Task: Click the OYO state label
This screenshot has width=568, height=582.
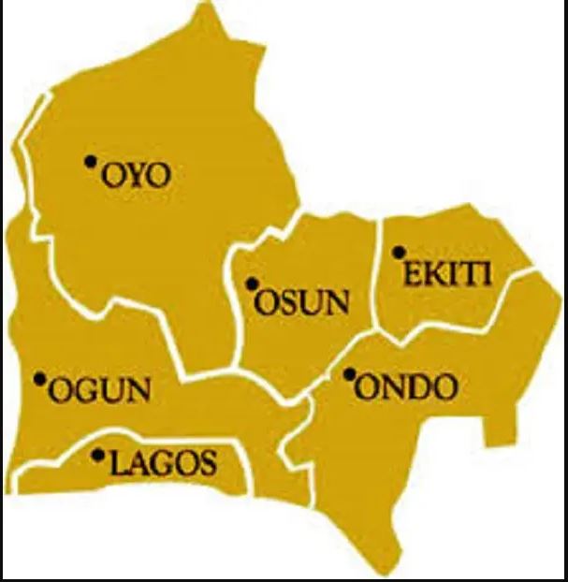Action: pyautogui.click(x=136, y=175)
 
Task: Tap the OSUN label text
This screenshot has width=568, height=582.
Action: pyautogui.click(x=303, y=302)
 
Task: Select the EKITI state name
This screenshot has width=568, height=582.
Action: pyautogui.click(x=447, y=273)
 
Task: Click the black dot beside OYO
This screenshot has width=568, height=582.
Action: pyautogui.click(x=90, y=161)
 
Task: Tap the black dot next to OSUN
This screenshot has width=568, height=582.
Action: pyautogui.click(x=251, y=284)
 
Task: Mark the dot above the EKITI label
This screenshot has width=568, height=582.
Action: pyautogui.click(x=398, y=251)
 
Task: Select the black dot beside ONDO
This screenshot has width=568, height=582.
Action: pyautogui.click(x=349, y=374)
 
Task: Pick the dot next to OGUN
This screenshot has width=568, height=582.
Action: pyautogui.click(x=39, y=379)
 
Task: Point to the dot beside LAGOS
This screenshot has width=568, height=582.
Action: pyautogui.click(x=98, y=456)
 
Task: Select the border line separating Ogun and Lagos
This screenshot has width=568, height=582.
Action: pyautogui.click(x=140, y=435)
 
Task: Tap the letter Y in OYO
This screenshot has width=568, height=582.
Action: pyautogui.click(x=137, y=175)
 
